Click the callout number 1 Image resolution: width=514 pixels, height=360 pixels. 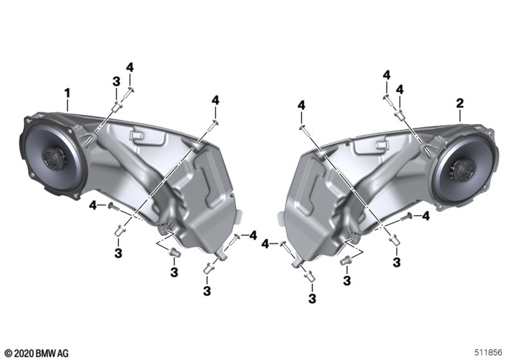click(67, 94)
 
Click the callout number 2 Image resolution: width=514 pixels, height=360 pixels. click(460, 103)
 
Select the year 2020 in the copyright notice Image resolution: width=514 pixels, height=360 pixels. click(23, 353)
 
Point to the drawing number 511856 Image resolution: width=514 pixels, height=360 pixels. click(488, 352)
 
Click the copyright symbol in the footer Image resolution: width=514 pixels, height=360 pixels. click(9, 353)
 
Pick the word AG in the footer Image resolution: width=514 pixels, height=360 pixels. click(63, 353)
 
